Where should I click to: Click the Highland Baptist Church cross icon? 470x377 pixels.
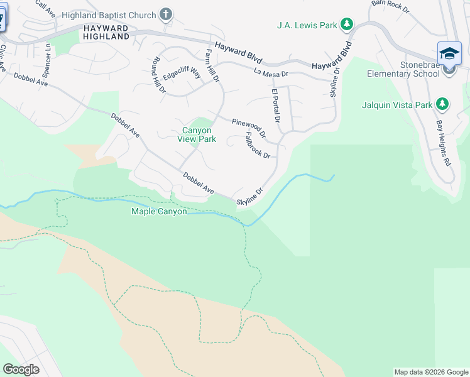click(x=166, y=14)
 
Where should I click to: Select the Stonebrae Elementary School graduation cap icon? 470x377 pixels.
click(x=449, y=53)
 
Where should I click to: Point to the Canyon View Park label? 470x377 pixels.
click(x=197, y=135)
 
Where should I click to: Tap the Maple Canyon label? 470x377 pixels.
click(x=159, y=212)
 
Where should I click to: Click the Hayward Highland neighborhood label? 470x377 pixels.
click(x=105, y=33)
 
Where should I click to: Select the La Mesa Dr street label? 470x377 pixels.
click(x=271, y=73)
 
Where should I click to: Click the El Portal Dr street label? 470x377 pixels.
click(x=275, y=105)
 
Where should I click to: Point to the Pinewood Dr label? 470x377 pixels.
click(x=249, y=128)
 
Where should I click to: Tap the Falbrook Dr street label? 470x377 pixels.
click(x=257, y=145)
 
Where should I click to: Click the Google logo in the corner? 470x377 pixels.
click(x=21, y=369)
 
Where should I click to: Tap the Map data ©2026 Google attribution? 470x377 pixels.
click(x=431, y=372)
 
